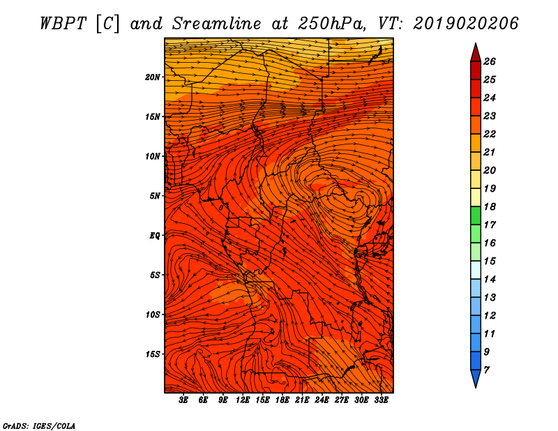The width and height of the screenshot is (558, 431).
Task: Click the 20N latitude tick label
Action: [152, 77]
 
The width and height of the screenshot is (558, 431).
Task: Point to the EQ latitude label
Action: [154, 236]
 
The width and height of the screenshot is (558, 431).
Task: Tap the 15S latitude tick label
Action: [153, 354]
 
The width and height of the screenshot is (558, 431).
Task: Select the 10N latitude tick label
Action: [152, 156]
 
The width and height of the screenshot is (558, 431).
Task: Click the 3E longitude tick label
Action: [183, 400]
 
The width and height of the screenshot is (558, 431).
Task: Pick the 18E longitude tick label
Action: [282, 400]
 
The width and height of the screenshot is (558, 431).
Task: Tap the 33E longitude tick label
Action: [381, 400]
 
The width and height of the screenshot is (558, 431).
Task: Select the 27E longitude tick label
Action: [341, 400]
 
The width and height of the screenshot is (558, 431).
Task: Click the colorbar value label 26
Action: [490, 61]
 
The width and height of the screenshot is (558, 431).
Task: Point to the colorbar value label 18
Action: [490, 206]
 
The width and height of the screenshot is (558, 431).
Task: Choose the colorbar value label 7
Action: [486, 370]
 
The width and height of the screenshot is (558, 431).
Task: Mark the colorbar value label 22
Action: [490, 134]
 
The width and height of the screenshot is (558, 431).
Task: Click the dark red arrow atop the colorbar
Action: [476, 53]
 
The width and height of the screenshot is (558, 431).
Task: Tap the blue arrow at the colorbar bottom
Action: [476, 378]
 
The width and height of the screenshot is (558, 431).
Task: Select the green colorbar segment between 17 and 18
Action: [476, 215]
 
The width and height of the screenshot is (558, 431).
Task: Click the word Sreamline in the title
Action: [217, 24]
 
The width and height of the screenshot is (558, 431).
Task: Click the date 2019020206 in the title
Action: [466, 24]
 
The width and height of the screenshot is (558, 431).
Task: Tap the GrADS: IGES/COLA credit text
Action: [39, 425]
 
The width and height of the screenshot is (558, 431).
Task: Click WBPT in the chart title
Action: [63, 24]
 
